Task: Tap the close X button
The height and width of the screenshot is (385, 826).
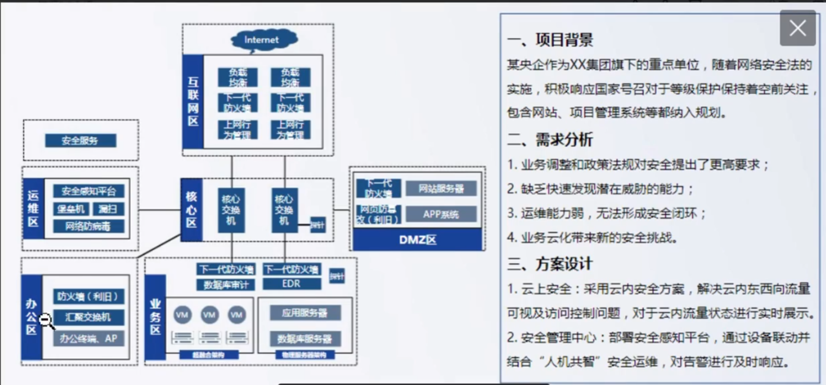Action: [x=797, y=28]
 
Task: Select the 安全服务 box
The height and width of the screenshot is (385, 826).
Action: [x=80, y=141]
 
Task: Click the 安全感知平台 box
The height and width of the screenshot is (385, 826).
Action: [x=89, y=191]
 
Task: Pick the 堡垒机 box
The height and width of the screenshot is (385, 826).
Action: [x=71, y=209]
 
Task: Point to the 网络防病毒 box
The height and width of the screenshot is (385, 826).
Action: [x=88, y=226]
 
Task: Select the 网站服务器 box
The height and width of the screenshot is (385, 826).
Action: [x=441, y=188]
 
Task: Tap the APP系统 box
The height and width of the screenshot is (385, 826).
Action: [x=441, y=215]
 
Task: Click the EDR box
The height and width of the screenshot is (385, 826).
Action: [x=291, y=284]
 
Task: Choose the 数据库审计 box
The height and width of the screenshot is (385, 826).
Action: [x=226, y=285]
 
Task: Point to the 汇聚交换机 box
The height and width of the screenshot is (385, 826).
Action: [x=88, y=317]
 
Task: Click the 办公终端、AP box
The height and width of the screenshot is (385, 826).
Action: [x=88, y=338]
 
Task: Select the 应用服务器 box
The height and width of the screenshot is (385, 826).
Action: [x=304, y=313]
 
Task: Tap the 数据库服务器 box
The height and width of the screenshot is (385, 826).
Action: [x=304, y=339]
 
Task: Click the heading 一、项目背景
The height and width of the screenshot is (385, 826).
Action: [x=550, y=40]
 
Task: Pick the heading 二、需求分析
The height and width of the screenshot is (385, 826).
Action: [x=550, y=139]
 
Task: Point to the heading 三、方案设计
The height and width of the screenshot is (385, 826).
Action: [x=550, y=264]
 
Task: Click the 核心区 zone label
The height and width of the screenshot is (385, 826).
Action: [x=191, y=210]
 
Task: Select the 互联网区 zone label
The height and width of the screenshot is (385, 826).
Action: [x=193, y=102]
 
